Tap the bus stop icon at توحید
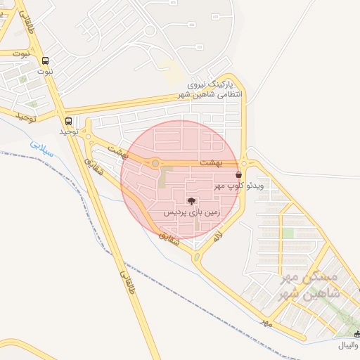tap(68, 120)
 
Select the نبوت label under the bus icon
tap(46, 71)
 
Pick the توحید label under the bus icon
tap(67, 131)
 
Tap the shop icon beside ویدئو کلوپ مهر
tap(238, 174)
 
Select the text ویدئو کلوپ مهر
tap(239, 186)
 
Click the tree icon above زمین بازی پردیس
tap(192, 202)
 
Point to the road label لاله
tap(219, 236)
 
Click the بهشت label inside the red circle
tap(210, 162)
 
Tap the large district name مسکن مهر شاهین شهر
tap(310, 285)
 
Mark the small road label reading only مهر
tap(265, 321)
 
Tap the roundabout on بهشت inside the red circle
tap(155, 164)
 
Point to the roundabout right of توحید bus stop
tap(88, 134)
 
